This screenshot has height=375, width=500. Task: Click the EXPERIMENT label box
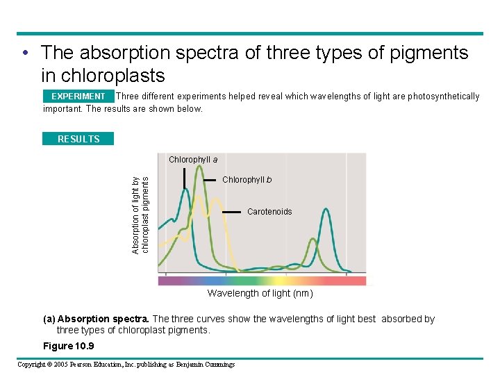[78, 97]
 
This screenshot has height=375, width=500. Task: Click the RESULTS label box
[78, 139]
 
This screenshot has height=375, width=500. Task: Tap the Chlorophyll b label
[247, 180]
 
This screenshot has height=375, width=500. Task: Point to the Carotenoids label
[269, 212]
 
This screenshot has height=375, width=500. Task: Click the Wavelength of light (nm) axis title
[260, 294]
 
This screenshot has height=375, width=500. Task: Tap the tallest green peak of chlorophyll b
[200, 167]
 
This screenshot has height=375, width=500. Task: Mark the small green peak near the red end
[312, 240]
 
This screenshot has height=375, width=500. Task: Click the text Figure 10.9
[69, 346]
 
